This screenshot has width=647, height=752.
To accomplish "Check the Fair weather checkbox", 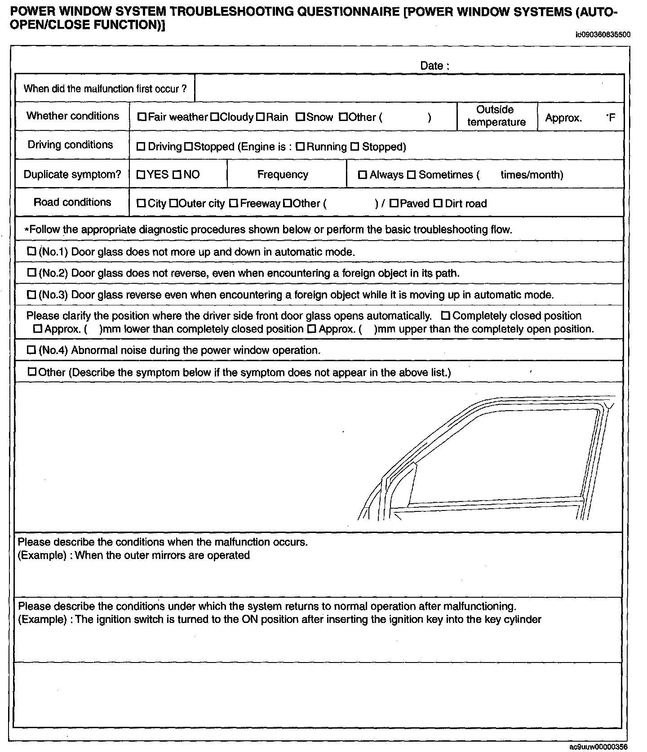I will click(x=142, y=117).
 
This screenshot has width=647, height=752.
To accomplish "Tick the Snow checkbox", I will click(x=300, y=117).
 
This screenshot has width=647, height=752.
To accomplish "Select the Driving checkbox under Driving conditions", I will click(x=141, y=147).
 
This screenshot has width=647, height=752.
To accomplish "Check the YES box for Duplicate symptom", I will click(x=141, y=175).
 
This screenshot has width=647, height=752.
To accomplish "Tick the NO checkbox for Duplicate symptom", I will click(x=177, y=175).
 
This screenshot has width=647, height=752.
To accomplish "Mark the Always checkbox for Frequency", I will click(x=363, y=175).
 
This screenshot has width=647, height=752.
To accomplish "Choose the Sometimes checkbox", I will click(x=411, y=175).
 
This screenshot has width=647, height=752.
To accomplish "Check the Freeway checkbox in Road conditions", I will click(x=233, y=203).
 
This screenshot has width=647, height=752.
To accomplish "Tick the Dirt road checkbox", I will click(x=438, y=203).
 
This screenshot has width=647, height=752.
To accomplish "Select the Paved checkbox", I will click(x=394, y=203).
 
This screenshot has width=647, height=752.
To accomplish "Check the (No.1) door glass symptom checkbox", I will click(x=32, y=251).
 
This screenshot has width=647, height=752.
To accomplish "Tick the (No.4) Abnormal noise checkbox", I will click(x=31, y=349).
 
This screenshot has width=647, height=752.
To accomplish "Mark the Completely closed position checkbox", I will click(x=446, y=316).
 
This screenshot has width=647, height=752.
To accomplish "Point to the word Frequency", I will click(x=283, y=175).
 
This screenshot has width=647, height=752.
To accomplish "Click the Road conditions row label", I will click(x=72, y=202).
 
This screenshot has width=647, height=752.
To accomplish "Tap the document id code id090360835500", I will click(x=602, y=35).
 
